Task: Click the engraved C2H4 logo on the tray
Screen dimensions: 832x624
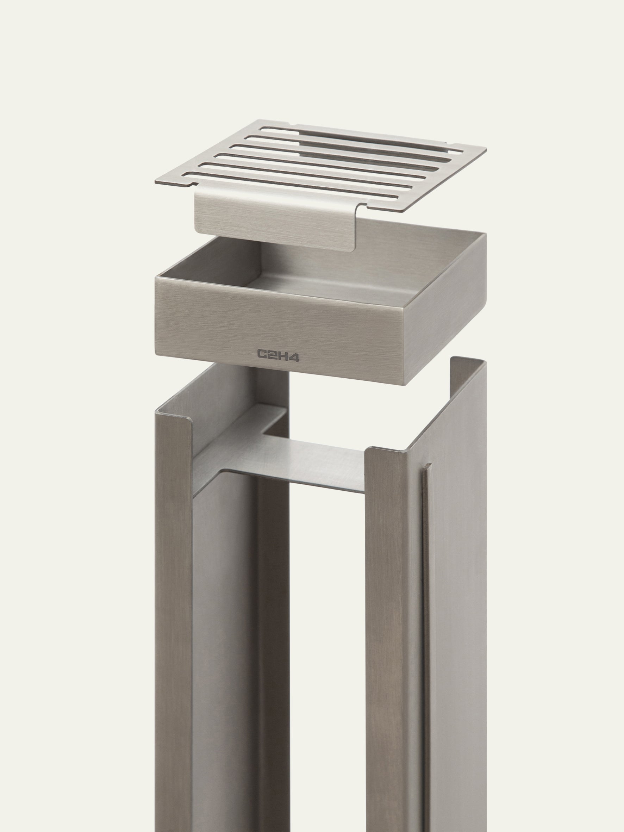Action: pyautogui.click(x=278, y=354)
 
